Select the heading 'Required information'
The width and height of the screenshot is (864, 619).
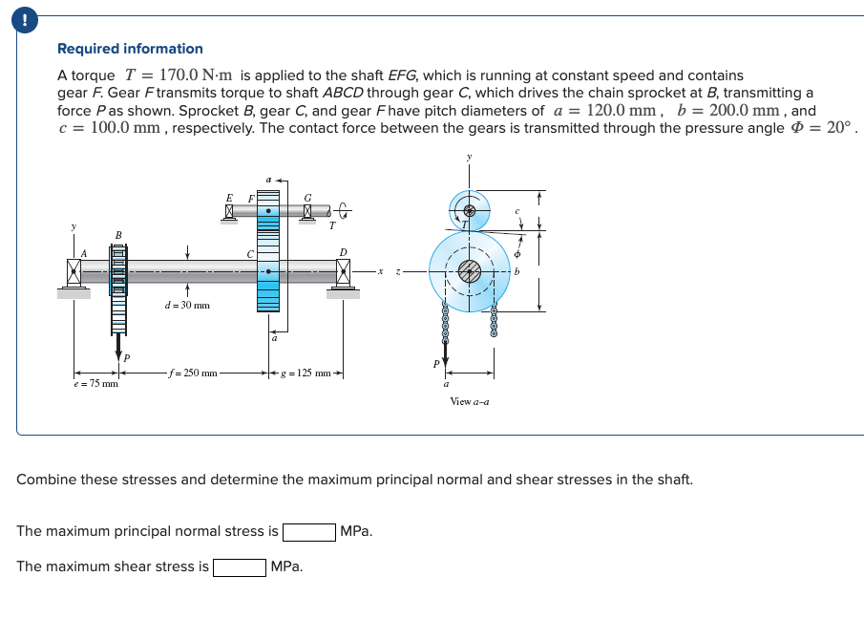click(130, 49)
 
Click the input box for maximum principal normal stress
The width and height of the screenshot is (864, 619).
click(308, 531)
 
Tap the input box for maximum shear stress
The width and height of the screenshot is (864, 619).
click(239, 566)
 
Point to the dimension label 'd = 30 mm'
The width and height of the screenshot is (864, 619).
click(186, 306)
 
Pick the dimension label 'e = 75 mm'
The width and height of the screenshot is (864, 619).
click(95, 384)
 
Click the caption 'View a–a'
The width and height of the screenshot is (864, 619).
click(469, 401)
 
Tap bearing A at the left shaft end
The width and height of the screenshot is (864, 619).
click(74, 272)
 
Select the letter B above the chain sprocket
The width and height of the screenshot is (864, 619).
click(118, 234)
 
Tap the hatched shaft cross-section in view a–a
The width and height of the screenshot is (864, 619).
click(469, 271)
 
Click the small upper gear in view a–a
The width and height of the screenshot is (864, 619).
click(469, 209)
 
